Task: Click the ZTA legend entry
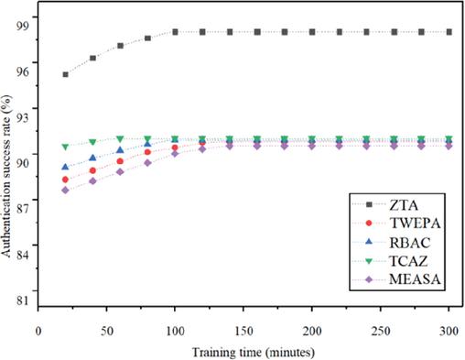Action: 404,205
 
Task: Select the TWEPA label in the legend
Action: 415,224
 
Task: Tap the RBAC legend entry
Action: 410,243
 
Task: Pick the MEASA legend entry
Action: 415,279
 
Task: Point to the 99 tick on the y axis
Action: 22,26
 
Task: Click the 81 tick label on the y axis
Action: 22,300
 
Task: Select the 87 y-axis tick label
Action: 22,209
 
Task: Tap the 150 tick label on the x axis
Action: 243,331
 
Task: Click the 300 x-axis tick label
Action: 449,331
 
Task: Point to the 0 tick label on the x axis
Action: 38,331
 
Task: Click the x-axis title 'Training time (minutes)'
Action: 254,353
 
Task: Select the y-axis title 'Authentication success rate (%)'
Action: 6,177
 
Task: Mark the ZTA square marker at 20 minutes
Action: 65,74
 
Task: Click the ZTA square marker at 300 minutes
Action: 449,32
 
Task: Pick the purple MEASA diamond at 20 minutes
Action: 65,191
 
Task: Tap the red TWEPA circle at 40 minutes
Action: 92,170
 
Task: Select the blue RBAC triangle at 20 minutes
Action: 65,167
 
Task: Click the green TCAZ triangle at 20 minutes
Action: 65,147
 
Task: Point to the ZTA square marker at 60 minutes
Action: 120,46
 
